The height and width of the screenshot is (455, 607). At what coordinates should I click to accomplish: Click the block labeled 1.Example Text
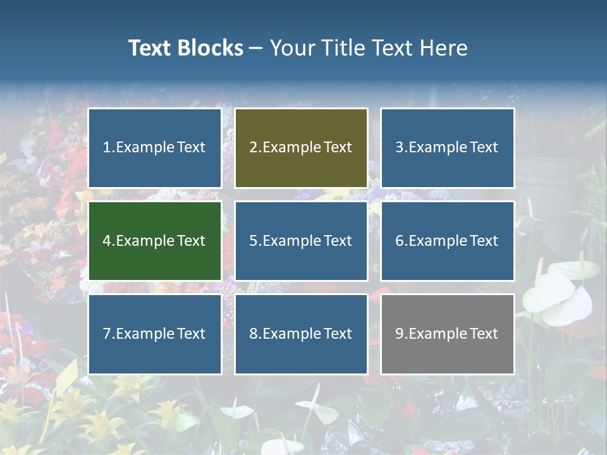155,148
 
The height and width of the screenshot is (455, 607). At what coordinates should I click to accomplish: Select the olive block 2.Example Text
301,148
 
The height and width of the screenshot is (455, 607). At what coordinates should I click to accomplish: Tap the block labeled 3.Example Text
447,148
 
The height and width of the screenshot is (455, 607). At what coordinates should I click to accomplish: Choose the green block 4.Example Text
155,241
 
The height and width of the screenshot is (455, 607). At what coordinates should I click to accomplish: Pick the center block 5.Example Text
301,241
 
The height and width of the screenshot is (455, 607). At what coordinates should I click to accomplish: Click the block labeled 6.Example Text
447,241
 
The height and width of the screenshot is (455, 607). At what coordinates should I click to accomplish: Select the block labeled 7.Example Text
155,334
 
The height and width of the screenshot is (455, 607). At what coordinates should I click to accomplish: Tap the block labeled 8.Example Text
301,334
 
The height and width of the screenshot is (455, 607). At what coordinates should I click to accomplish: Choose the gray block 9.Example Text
447,334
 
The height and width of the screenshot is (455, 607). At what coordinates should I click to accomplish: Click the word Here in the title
445,48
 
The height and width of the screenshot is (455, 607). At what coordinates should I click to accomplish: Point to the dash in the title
257,49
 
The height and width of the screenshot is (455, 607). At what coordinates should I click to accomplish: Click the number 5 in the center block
253,241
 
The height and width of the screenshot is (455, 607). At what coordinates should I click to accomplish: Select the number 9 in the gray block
399,334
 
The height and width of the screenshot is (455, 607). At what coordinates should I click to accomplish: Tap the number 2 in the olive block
253,148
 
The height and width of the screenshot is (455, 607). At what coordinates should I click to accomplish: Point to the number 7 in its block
107,334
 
